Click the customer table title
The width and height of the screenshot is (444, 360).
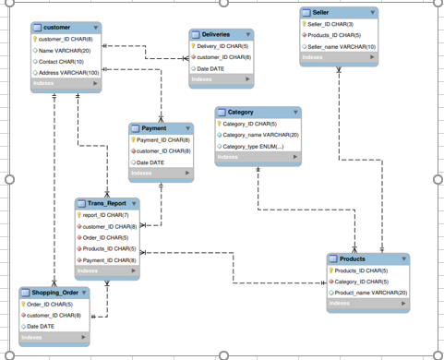pos(58,28)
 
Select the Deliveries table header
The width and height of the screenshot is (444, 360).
pos(215,33)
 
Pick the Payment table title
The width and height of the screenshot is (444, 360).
pos(153,127)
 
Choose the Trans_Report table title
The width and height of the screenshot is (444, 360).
pos(107,202)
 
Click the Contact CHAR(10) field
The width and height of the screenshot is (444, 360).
pos(62,61)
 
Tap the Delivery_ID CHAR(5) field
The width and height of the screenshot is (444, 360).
pos(222,45)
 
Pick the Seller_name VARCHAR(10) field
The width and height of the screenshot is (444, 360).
pos(341,46)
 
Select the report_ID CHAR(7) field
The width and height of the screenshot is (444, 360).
pos(105,214)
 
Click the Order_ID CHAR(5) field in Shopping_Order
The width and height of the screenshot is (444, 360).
pos(50,304)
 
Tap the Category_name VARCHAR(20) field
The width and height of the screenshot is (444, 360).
pos(260,135)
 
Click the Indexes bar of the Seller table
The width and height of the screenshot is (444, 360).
pos(339,58)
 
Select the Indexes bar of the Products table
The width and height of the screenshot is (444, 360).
pos(367,304)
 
